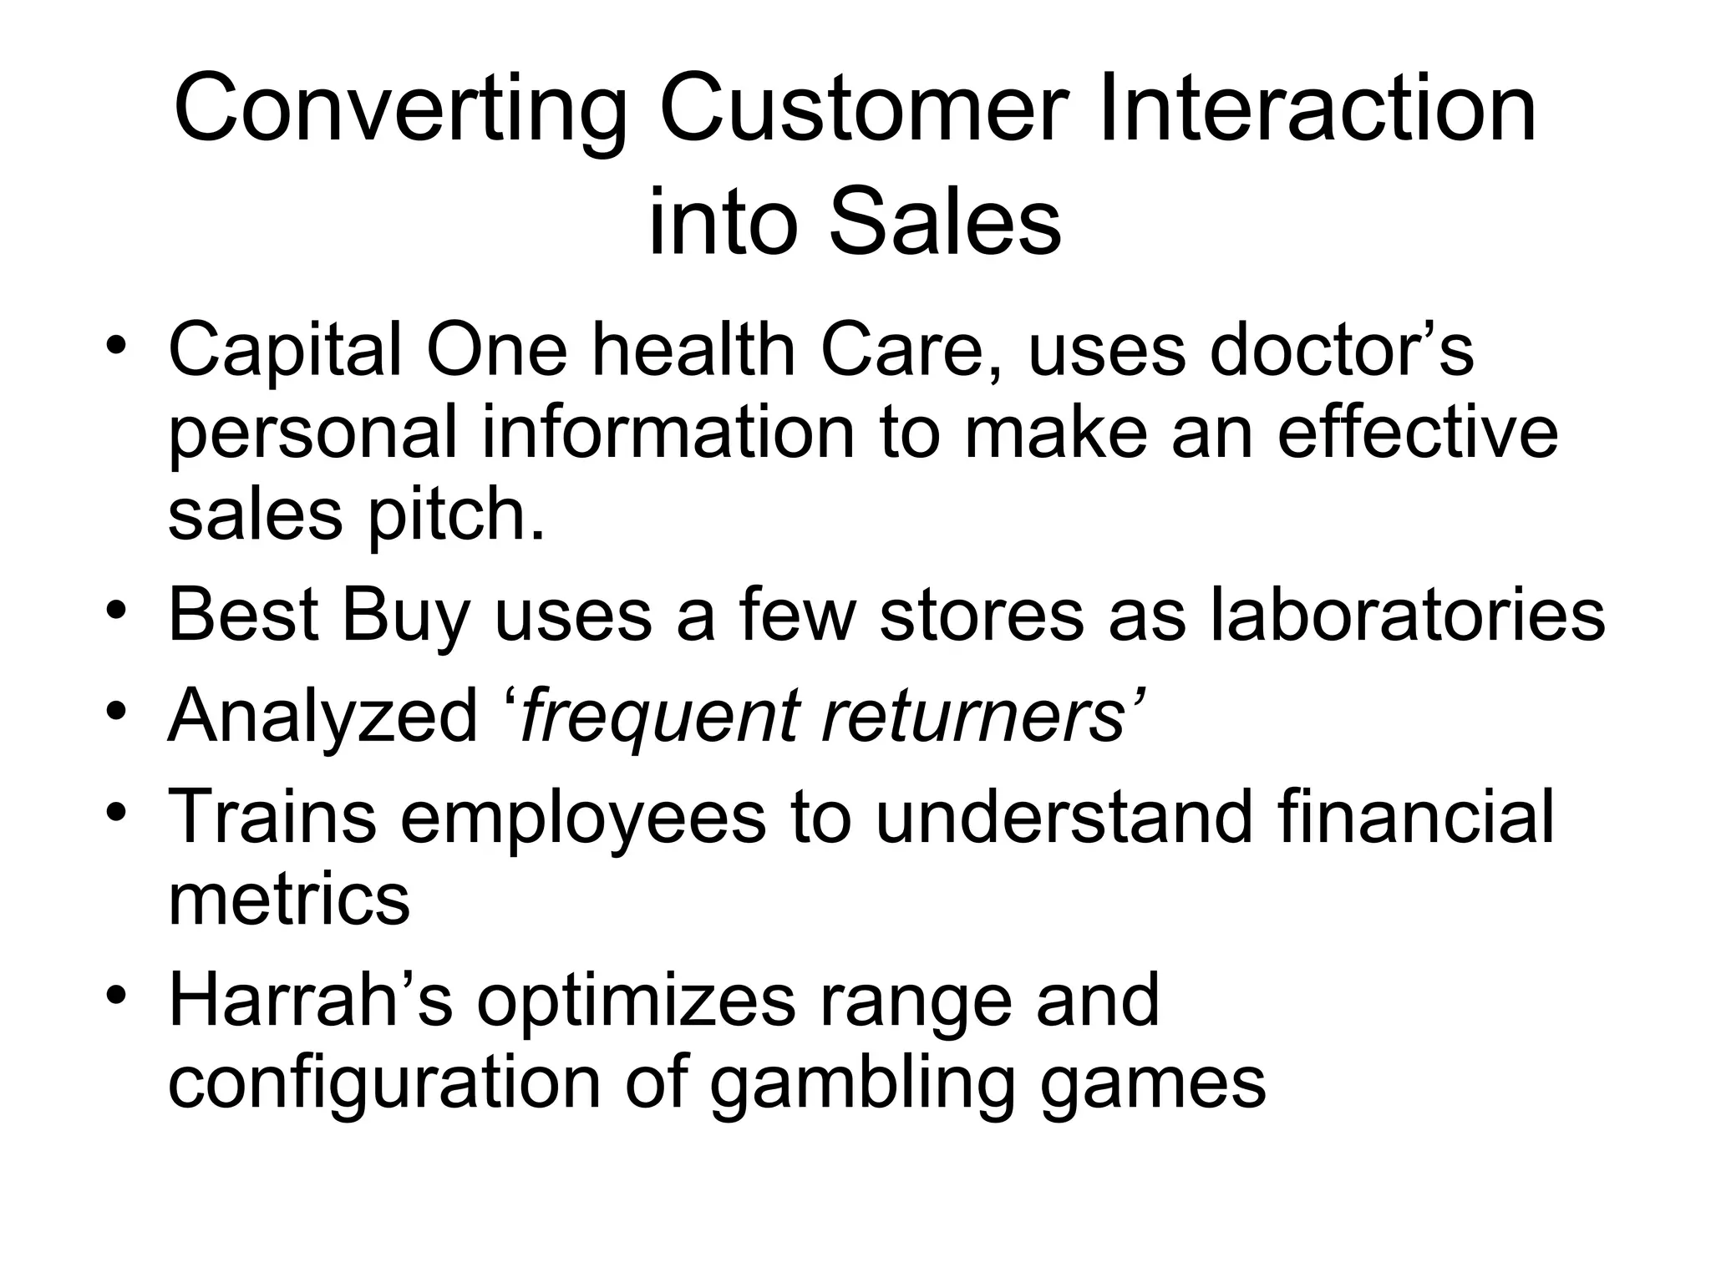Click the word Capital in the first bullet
point(285,352)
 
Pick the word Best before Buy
point(243,615)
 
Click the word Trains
point(272,816)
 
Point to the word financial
point(1415,816)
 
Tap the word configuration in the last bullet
point(384,1083)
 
